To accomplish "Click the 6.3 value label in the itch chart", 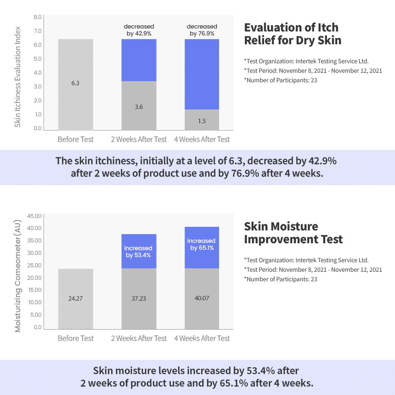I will (x=75, y=83).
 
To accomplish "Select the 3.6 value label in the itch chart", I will (x=139, y=107).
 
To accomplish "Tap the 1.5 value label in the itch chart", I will (x=202, y=121).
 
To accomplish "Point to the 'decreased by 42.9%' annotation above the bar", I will (x=139, y=30).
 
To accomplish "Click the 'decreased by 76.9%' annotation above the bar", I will (x=202, y=30).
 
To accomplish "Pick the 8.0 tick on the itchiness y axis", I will (x=38, y=17).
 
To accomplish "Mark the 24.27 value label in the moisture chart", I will (x=75, y=298).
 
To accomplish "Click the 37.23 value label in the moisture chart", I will (x=139, y=298).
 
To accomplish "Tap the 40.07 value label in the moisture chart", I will (x=202, y=298).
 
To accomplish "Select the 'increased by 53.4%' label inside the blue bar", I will (x=138, y=252).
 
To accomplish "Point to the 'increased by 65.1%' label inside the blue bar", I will (x=202, y=244).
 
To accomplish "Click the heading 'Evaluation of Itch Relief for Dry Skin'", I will (x=292, y=34).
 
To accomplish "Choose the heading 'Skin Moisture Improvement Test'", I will (x=293, y=233).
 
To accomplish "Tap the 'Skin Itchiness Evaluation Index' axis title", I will (x=18, y=77).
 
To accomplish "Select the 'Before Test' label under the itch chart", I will (x=76, y=139).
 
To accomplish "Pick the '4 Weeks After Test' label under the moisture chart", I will (x=202, y=338).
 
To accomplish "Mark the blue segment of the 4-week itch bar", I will (x=202, y=74).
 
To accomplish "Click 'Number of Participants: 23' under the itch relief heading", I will (x=281, y=80).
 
